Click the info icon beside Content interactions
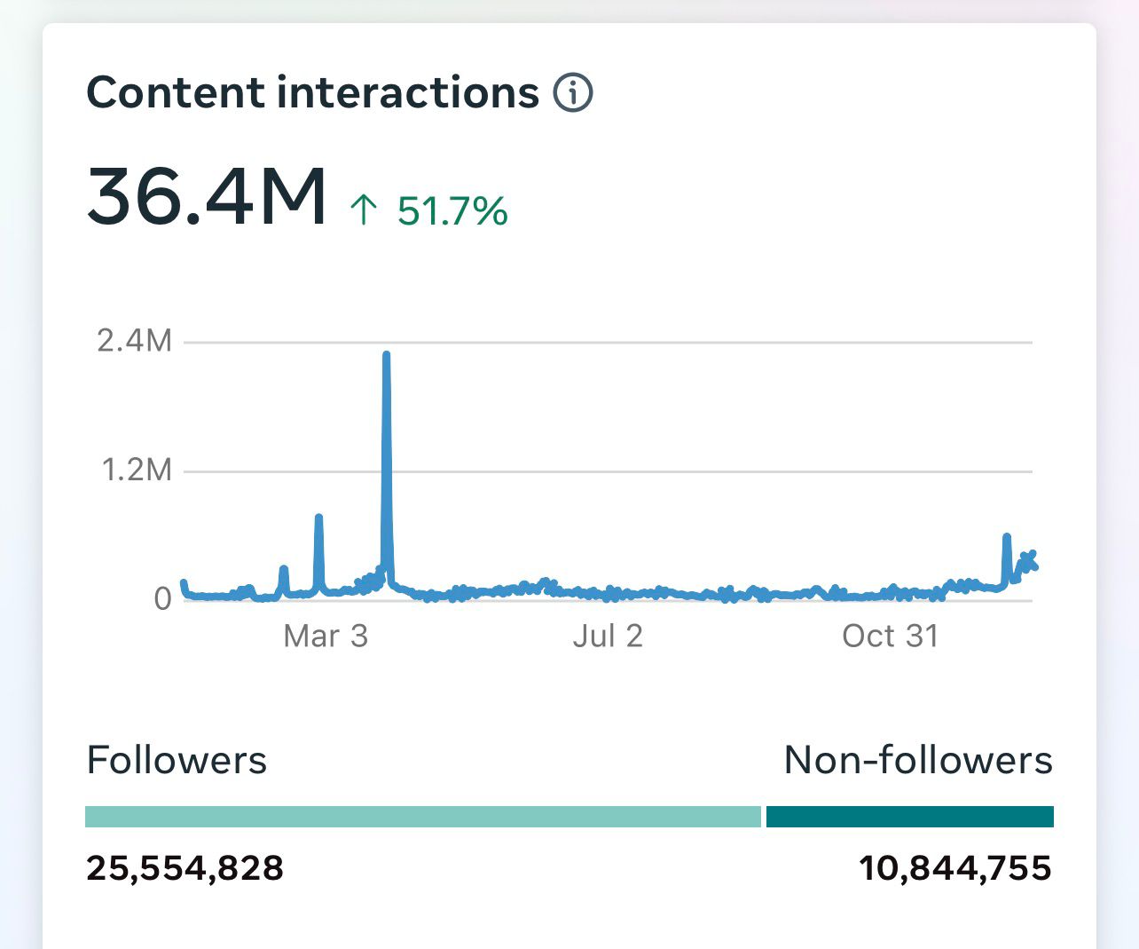[x=573, y=92]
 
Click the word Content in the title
[x=176, y=92]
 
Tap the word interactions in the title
[x=408, y=92]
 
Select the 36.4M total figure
[x=207, y=196]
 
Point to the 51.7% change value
[x=452, y=211]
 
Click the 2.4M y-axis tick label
[x=135, y=340]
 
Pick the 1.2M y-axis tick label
[x=137, y=470]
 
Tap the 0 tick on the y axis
[x=162, y=598]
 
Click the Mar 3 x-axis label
[x=326, y=636]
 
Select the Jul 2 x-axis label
[x=608, y=636]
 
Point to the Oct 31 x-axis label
[x=890, y=636]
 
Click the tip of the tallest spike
[x=386, y=355]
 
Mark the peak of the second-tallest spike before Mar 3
[x=318, y=517]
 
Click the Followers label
[x=177, y=760]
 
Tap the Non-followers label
[x=918, y=760]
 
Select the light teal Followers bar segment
[x=423, y=817]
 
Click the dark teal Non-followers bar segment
[x=909, y=817]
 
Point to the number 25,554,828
[x=185, y=867]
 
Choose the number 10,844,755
[x=955, y=867]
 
